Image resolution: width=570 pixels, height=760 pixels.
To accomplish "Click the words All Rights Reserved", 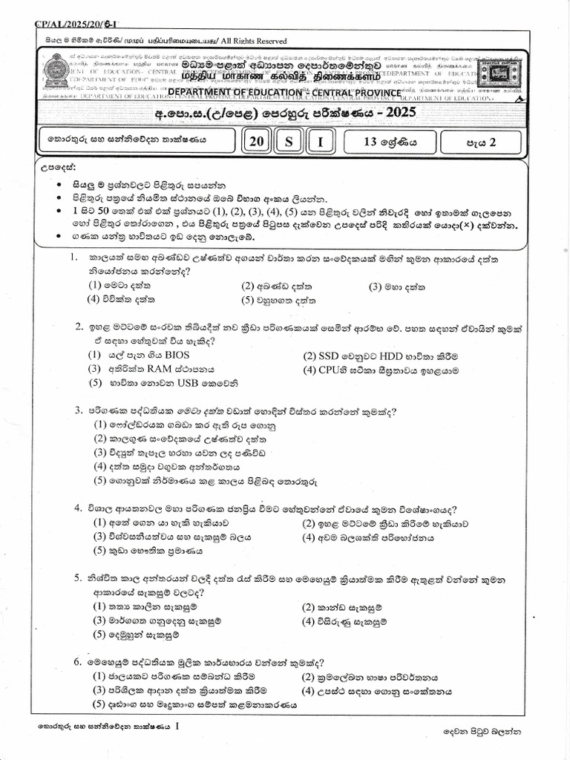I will click(x=250, y=41).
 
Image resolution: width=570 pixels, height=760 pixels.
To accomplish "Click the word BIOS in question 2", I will click(x=177, y=355).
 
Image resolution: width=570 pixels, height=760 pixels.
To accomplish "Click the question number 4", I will click(x=77, y=508).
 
